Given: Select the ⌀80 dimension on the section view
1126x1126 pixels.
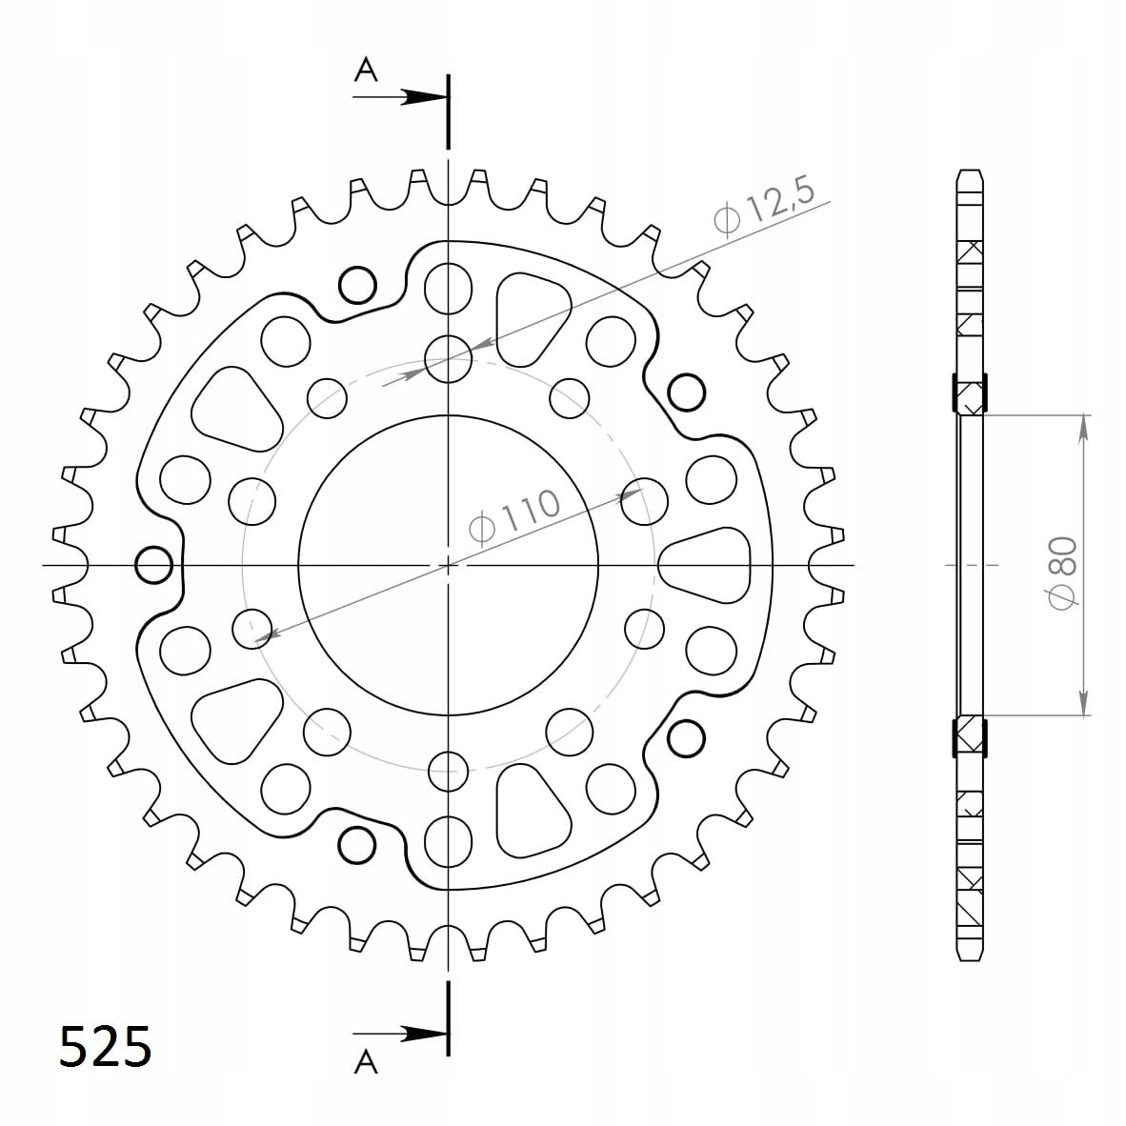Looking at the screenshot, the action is coord(1063,573).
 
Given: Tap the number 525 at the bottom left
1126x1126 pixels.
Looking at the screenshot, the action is coord(105,1046).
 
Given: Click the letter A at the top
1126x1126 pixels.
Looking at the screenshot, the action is coord(366,70).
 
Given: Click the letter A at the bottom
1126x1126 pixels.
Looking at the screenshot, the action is coord(366,1061).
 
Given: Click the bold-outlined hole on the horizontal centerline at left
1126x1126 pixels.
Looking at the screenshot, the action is coord(154,565).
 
